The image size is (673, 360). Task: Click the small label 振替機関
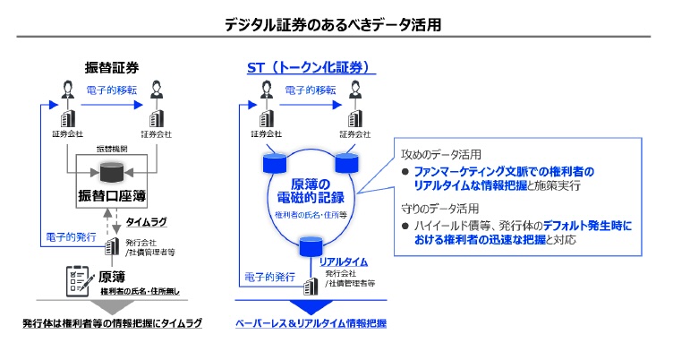111,148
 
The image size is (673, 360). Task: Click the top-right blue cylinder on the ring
345,163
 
